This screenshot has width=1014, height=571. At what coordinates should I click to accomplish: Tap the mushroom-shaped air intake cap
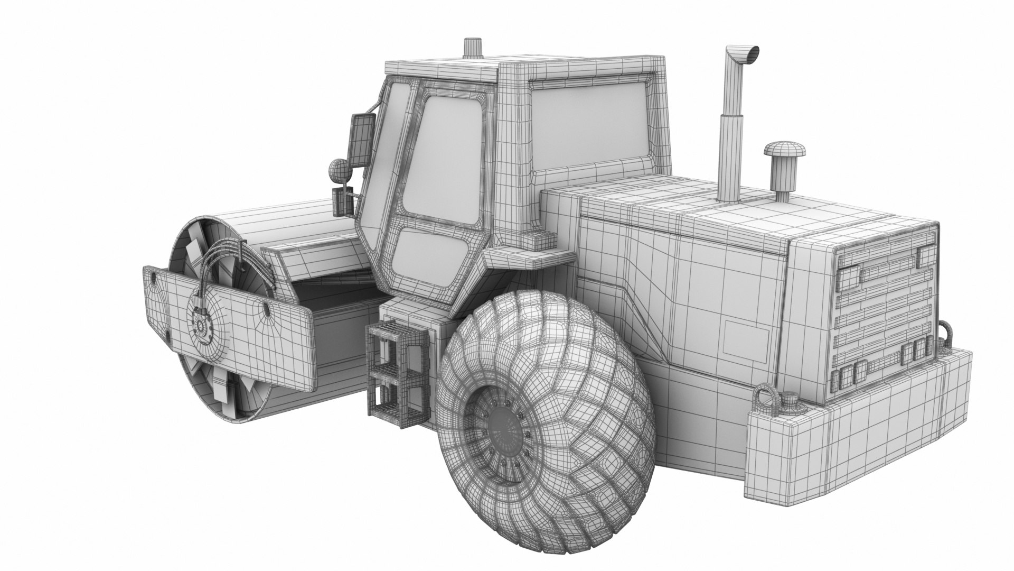(x=784, y=149)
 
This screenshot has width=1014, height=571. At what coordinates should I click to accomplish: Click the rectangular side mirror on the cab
(x=362, y=140)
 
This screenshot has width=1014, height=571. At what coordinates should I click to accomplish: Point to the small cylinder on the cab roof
(x=473, y=47)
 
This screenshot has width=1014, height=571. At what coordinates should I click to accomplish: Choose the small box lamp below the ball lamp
(x=340, y=201)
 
